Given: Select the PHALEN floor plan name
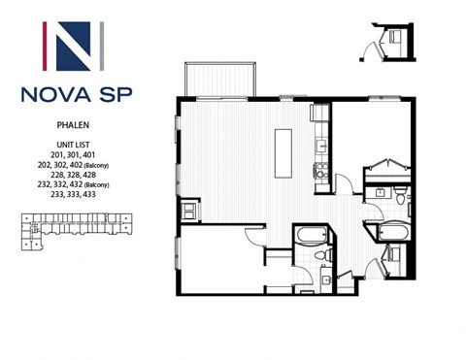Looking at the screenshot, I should click(x=75, y=125).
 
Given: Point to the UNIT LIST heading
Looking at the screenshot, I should click(x=75, y=144).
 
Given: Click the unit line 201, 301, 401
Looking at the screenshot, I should click(x=75, y=153).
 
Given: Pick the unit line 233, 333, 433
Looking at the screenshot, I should click(x=75, y=194).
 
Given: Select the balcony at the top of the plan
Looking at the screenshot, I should click(x=221, y=79).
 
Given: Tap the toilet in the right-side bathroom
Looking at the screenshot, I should click(x=399, y=197).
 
